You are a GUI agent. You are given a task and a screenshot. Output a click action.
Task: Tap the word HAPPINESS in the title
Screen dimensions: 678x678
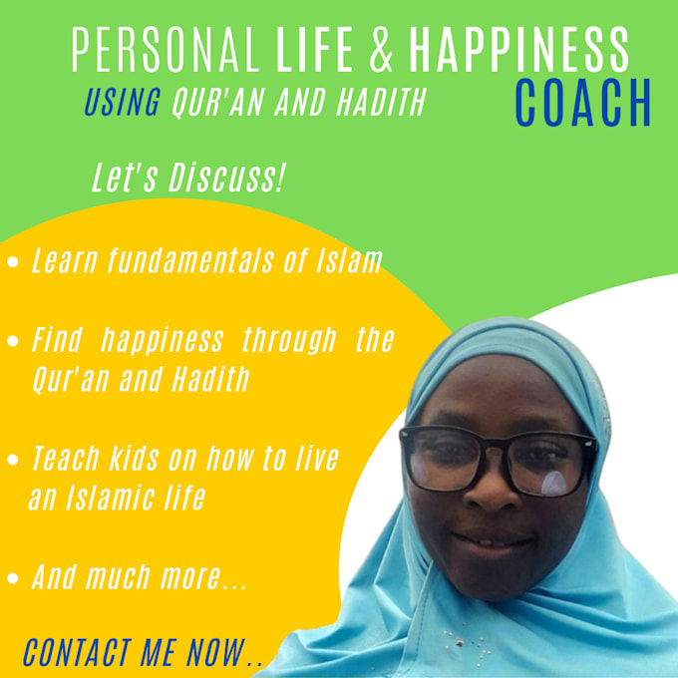point(519,49)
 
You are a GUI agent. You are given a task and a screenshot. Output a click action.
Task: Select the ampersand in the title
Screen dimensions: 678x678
point(382,49)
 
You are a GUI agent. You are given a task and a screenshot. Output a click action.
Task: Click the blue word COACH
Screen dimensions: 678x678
point(583,103)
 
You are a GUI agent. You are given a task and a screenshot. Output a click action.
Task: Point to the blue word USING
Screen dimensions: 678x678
point(122,104)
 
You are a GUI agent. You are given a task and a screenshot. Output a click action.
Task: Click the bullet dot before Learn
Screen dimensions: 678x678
point(13,264)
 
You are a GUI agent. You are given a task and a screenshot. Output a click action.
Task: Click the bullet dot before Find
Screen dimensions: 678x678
point(13,342)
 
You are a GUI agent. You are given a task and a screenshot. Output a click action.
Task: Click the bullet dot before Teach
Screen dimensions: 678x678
point(13,461)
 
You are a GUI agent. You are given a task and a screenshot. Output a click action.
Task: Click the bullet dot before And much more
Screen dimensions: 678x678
point(13,578)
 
